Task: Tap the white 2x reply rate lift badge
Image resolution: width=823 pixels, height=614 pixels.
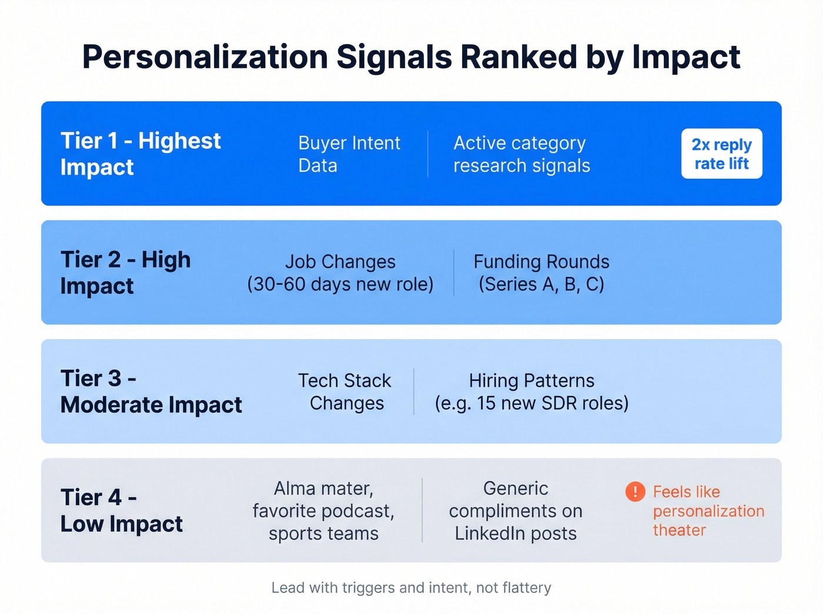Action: (x=721, y=154)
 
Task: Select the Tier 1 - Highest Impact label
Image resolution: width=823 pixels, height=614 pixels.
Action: (x=140, y=154)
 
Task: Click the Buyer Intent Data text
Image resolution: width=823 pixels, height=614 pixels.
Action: (x=349, y=154)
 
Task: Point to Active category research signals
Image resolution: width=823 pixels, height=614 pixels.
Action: (x=521, y=154)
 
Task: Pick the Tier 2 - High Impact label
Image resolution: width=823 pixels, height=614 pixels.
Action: (x=125, y=273)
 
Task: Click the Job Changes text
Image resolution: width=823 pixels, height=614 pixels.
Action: (x=340, y=261)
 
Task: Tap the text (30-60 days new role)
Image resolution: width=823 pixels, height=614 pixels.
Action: (x=340, y=284)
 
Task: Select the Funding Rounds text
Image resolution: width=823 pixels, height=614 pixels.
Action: (x=541, y=261)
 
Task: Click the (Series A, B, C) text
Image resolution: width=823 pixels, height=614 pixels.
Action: (x=541, y=284)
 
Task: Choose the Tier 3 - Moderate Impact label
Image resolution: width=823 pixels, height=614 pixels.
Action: (x=151, y=391)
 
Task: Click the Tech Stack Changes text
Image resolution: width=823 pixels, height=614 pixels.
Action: (x=345, y=391)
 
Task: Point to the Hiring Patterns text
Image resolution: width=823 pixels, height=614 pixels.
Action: (x=531, y=381)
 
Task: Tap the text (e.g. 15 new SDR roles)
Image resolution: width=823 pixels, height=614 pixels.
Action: (x=531, y=403)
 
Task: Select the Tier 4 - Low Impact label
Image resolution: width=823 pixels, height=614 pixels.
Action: (x=122, y=510)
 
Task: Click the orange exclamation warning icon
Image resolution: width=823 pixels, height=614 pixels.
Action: (x=635, y=491)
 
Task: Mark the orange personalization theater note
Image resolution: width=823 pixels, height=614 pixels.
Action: (x=708, y=511)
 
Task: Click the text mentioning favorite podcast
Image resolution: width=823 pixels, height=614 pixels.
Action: (x=323, y=511)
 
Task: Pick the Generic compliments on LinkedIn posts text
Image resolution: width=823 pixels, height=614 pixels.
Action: (x=516, y=511)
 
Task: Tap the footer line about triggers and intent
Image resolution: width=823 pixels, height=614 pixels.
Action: (x=411, y=588)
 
